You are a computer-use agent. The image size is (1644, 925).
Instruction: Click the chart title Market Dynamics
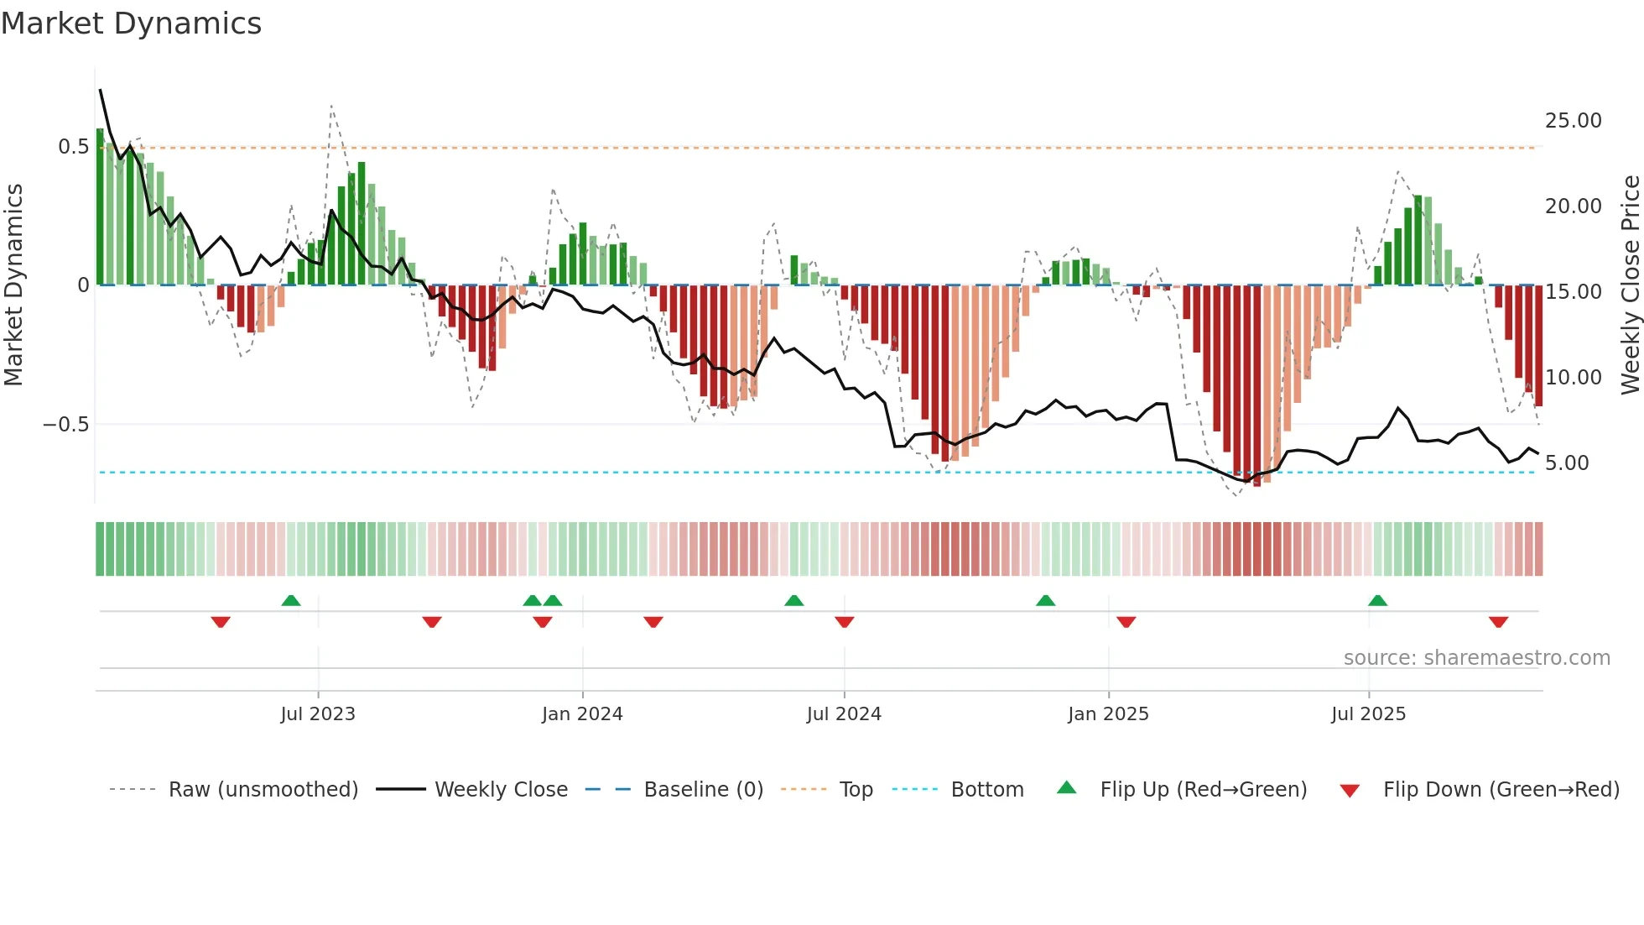pos(132,24)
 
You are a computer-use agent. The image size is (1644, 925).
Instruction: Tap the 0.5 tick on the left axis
pos(74,147)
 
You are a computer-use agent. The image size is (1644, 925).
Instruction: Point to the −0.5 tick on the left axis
pos(66,425)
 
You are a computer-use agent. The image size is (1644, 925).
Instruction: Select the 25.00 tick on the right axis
pos(1574,121)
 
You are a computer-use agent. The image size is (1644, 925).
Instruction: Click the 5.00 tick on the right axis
pos(1567,463)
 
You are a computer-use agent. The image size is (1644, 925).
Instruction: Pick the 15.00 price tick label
pos(1574,292)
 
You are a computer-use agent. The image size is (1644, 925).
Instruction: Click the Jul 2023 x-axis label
pos(318,714)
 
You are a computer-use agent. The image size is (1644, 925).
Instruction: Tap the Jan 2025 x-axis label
pos(1108,714)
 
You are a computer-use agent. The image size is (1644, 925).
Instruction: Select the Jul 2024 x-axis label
pos(844,714)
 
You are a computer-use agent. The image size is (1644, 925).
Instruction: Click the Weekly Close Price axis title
pos(1630,285)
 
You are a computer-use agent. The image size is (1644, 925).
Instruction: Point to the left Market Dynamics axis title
pos(13,285)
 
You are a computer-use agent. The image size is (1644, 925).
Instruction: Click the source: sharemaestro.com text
pos(1476,658)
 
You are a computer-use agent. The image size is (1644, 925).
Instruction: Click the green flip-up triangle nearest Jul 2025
pos(1377,601)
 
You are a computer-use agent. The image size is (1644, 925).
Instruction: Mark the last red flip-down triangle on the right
pos(1499,622)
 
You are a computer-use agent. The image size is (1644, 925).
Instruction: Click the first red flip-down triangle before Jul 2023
pos(221,622)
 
